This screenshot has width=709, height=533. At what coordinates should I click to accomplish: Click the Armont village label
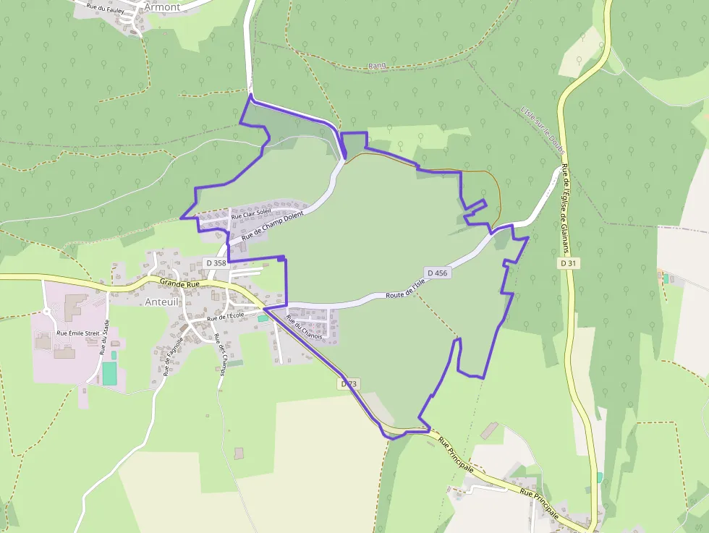coord(162,7)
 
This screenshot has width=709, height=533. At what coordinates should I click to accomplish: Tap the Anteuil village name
coord(160,302)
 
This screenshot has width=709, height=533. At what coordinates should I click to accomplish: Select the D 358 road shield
coord(216,263)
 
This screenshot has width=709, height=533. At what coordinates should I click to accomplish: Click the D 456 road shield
coord(438,273)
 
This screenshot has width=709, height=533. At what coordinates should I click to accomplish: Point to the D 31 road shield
coord(568,263)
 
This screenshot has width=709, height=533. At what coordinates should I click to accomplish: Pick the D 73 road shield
coord(349,384)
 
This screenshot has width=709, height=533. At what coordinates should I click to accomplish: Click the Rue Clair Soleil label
coord(250,213)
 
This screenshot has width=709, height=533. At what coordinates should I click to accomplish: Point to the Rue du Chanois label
coord(304,326)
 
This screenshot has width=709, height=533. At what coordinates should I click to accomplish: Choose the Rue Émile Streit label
coord(77,333)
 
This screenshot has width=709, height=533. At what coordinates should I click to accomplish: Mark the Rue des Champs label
coord(220,350)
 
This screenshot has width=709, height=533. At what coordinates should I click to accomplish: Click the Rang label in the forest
coord(377,65)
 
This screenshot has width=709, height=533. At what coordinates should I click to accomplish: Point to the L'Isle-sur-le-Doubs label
coord(541,130)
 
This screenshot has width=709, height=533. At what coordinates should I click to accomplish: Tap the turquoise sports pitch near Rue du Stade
coord(109,373)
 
